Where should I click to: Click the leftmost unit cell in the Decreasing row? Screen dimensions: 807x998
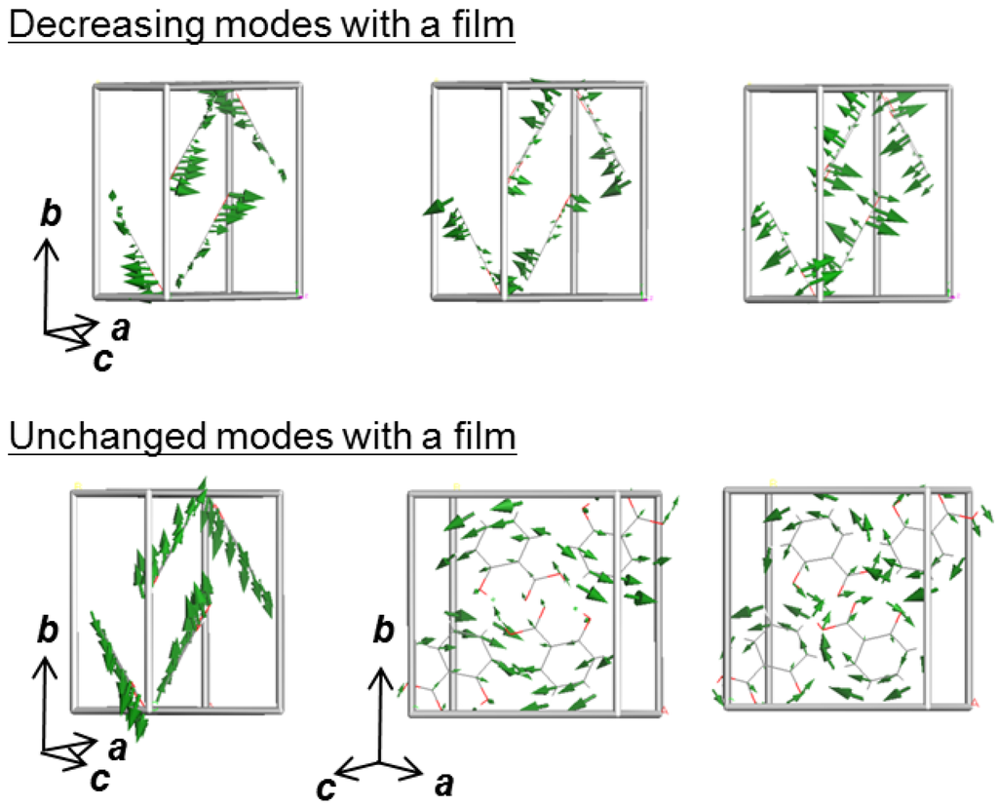pos(196,190)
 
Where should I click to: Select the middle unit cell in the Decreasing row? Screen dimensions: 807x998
pos(537,190)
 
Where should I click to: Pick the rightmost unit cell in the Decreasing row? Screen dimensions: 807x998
pos(847,190)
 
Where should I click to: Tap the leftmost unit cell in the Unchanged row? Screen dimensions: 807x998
pos(177,600)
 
